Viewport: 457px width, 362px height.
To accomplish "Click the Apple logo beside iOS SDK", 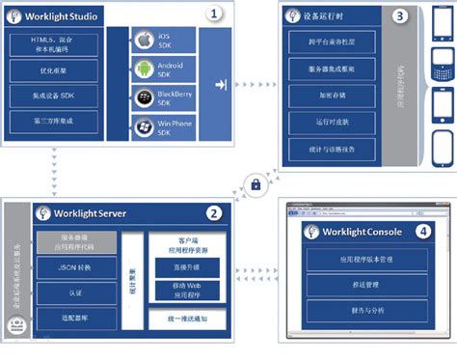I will pyautogui.click(x=145, y=41).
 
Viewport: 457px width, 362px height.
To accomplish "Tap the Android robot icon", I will pyautogui.click(x=145, y=70).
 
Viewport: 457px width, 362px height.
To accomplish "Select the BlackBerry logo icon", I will pyautogui.click(x=145, y=99).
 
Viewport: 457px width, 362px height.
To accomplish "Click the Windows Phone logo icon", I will pyautogui.click(x=145, y=128).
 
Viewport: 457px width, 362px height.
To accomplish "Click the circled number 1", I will pyautogui.click(x=215, y=14).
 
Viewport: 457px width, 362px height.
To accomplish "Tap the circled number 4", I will pyautogui.click(x=420, y=232).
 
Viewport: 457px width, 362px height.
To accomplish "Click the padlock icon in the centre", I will pyautogui.click(x=256, y=184).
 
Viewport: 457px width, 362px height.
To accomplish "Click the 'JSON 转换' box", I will pyautogui.click(x=76, y=267).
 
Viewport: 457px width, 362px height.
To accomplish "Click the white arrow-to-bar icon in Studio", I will pyautogui.click(x=222, y=86).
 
